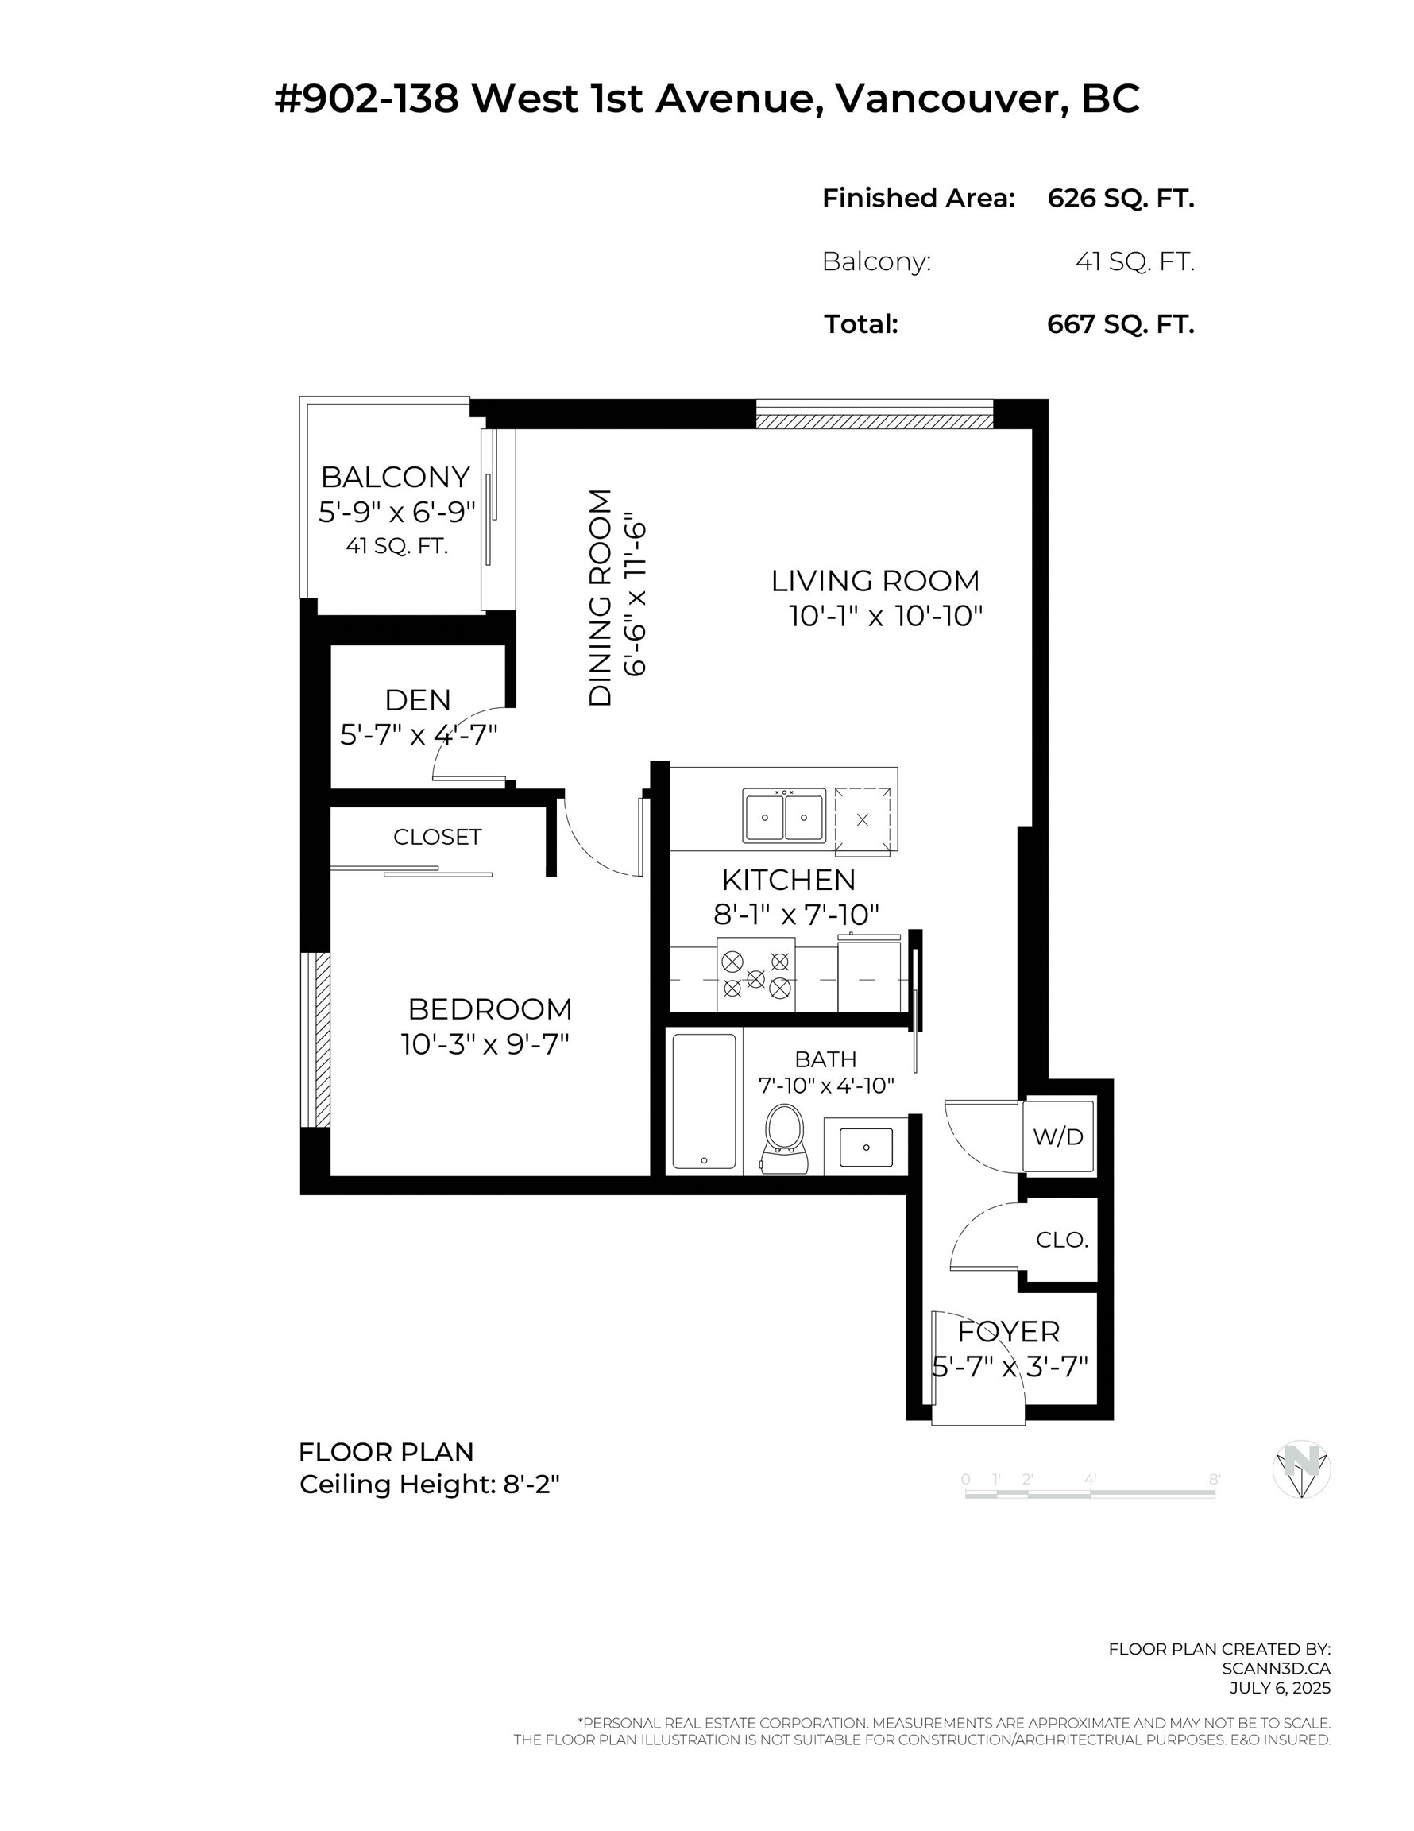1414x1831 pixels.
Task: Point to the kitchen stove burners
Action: click(x=756, y=977)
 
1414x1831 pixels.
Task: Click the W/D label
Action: click(x=1058, y=1137)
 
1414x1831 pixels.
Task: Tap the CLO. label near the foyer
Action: click(x=1061, y=1240)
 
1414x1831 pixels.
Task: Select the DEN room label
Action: click(x=417, y=700)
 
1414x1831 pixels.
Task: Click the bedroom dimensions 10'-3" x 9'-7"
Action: click(x=485, y=1044)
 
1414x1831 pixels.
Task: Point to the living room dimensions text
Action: click(x=885, y=616)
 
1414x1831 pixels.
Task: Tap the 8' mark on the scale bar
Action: click(x=1214, y=1480)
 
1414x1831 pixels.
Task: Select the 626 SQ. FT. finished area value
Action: click(x=1120, y=199)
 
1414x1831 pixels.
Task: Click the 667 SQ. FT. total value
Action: click(x=1120, y=324)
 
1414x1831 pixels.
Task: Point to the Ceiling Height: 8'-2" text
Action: click(x=429, y=1485)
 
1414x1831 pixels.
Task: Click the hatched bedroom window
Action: click(x=317, y=1039)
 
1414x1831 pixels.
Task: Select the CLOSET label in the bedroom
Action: click(x=438, y=837)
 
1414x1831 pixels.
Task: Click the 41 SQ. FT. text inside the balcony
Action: click(x=396, y=547)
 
